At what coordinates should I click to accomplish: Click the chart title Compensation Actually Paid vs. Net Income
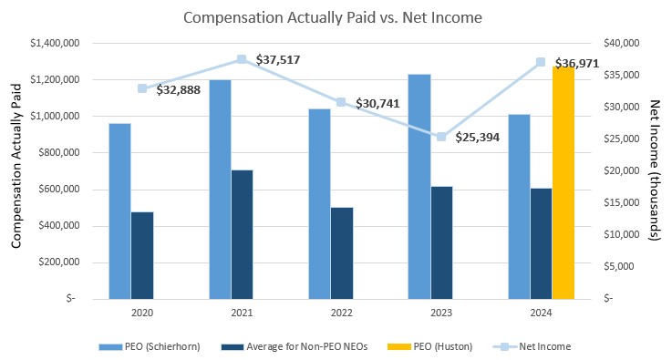[333, 16]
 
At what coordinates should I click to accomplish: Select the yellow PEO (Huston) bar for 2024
[563, 182]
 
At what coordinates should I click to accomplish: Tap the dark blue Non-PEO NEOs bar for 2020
[142, 254]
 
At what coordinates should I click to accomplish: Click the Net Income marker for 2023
[441, 137]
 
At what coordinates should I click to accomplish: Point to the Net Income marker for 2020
[142, 88]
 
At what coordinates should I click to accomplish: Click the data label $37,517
[277, 60]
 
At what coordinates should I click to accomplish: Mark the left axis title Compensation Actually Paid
[16, 170]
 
